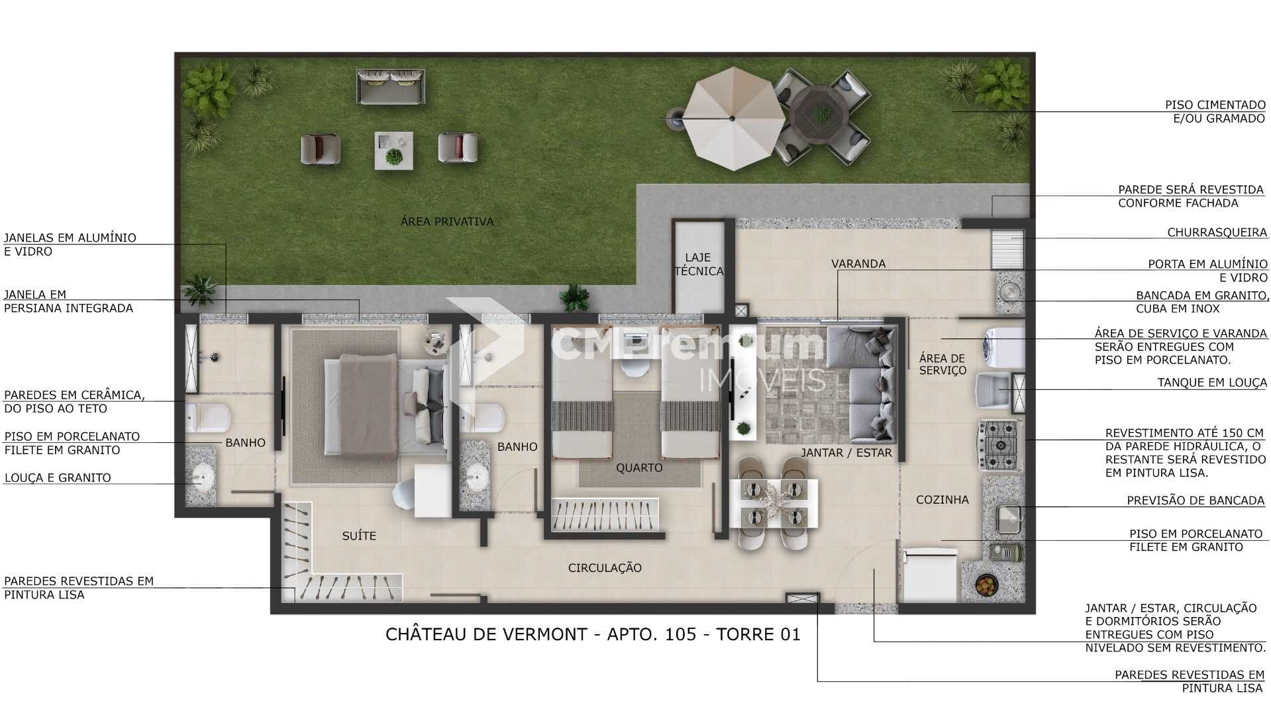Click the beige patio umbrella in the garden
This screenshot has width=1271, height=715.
(732, 119)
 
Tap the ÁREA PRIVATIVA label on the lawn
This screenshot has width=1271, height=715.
(447, 222)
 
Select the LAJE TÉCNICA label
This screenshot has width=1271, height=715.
(699, 264)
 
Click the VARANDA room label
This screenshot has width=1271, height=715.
(858, 263)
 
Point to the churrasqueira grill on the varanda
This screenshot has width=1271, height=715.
(1007, 249)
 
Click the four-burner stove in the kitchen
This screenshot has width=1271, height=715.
(1000, 446)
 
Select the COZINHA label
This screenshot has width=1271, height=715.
(942, 500)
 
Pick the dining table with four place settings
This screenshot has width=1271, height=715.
(773, 503)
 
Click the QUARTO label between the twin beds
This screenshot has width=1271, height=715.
(639, 467)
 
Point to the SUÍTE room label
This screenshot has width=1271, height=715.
(359, 536)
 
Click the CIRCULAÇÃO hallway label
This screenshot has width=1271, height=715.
(605, 567)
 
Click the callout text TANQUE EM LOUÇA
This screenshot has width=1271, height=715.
(1211, 383)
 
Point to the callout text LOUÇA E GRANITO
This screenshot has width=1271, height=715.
(58, 478)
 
